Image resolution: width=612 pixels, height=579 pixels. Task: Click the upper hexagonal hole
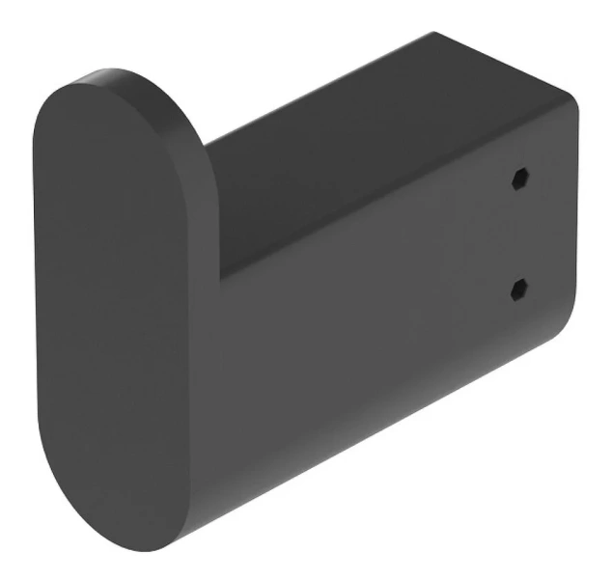pos(519,179)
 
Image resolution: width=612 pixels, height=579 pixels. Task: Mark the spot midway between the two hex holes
pos(519,234)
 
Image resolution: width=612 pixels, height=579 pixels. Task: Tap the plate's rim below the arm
pos(198,482)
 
